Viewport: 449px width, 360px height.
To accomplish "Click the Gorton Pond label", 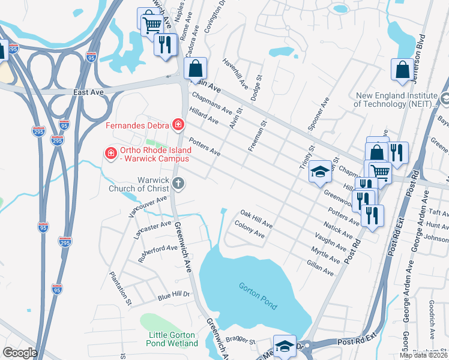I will coord(258,296).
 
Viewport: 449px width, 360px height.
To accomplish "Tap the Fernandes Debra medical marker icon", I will coord(178,125).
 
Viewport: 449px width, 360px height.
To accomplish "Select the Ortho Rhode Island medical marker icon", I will coord(110,154).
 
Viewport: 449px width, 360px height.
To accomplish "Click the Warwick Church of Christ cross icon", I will coord(178,185).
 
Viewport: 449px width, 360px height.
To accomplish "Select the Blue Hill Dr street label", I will coord(173,295).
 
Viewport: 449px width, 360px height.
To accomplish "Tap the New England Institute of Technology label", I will coord(396,99).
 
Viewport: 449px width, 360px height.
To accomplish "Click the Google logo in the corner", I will coord(20,352).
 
